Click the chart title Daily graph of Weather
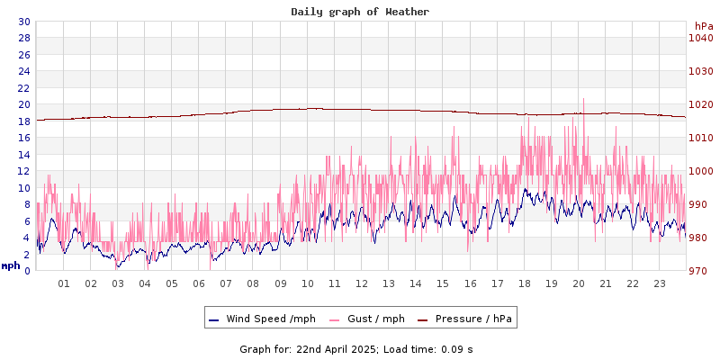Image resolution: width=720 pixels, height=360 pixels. [x=360, y=12]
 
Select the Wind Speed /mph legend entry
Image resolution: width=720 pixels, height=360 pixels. [x=270, y=319]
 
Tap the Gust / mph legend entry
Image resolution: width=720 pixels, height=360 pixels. [x=366, y=319]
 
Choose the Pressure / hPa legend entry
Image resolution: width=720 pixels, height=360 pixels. [x=472, y=319]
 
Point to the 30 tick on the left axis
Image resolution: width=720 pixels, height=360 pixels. [x=23, y=22]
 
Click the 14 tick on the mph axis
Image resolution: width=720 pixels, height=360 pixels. [x=23, y=155]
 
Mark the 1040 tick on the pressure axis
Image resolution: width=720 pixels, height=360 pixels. [x=700, y=38]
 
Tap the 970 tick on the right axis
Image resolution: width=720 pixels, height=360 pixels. [x=700, y=271]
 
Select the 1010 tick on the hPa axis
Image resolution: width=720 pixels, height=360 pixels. [x=700, y=138]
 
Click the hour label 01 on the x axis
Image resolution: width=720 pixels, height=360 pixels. [x=64, y=283]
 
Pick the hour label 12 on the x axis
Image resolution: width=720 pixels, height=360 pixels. [x=362, y=283]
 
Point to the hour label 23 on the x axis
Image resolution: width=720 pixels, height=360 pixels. [x=660, y=283]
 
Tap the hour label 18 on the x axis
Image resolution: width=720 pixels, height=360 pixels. [x=524, y=283]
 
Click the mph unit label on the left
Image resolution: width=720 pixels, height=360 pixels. [x=11, y=265]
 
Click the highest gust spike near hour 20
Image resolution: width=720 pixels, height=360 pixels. [x=583, y=100]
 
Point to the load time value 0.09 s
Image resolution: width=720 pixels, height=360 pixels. [x=457, y=348]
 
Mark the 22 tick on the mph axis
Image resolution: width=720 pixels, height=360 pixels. [x=23, y=88]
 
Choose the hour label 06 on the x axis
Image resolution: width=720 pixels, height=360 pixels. [x=199, y=283]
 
